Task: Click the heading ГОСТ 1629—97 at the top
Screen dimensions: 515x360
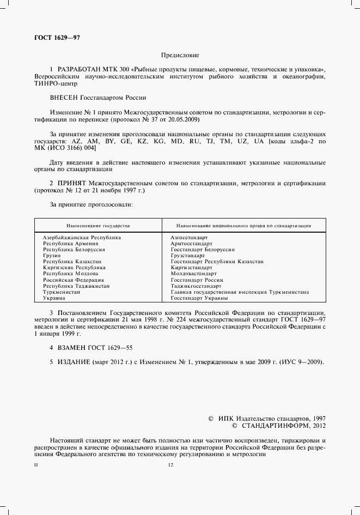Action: [57, 37]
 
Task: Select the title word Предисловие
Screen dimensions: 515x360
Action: [180, 55]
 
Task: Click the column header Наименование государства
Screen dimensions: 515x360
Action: [98, 225]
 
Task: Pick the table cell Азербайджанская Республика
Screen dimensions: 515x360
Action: [82, 238]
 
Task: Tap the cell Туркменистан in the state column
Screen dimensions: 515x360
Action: [62, 292]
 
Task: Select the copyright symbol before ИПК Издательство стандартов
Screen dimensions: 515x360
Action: [211, 418]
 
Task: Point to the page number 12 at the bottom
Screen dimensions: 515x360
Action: [170, 465]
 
